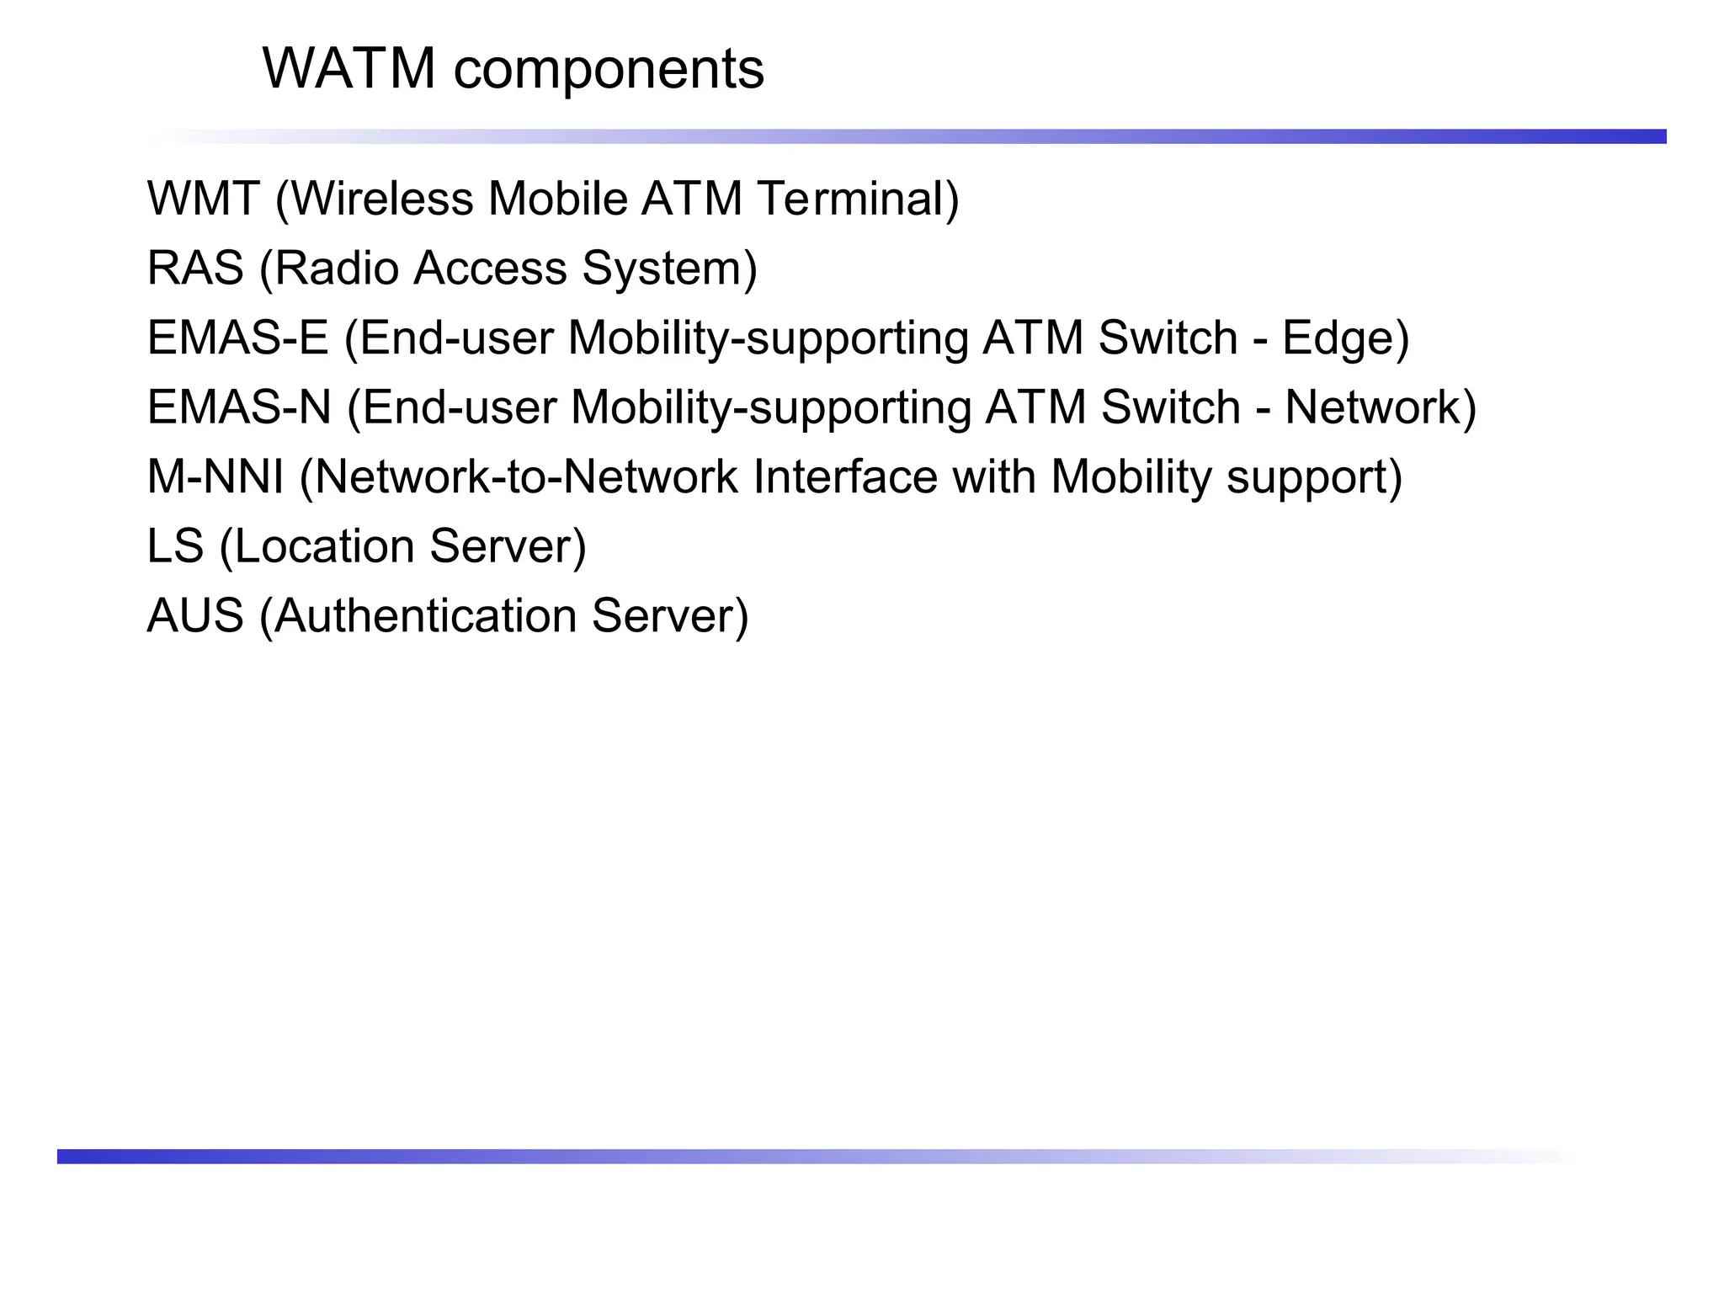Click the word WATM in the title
coord(349,68)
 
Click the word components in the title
coord(609,70)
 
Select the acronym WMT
coord(203,199)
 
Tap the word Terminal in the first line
coord(857,199)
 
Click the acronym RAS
coord(194,269)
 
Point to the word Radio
coord(336,269)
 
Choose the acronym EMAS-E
coord(237,338)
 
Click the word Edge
coord(1344,339)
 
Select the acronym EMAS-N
coord(239,407)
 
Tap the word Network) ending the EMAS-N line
coord(1380,407)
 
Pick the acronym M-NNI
coord(215,476)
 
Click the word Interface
coord(844,476)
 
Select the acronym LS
coord(175,546)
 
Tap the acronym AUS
coord(195,615)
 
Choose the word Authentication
coord(425,615)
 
